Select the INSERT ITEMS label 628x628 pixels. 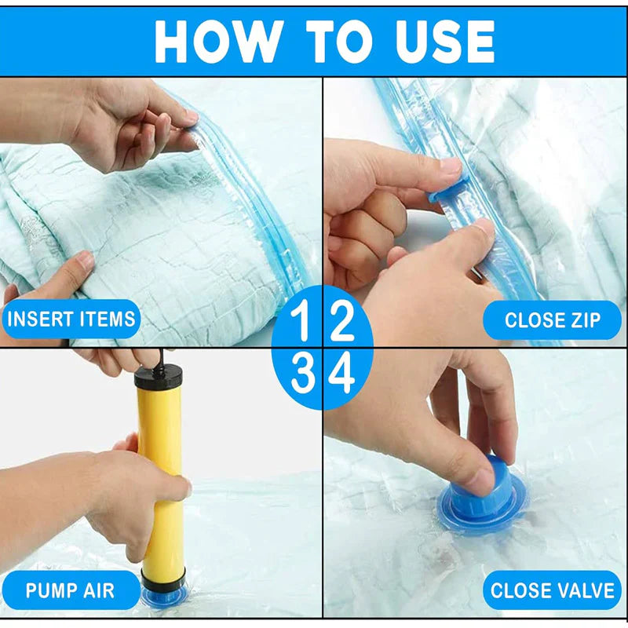pos(71,319)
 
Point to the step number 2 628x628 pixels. pos(341,321)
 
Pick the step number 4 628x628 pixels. pos(341,375)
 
